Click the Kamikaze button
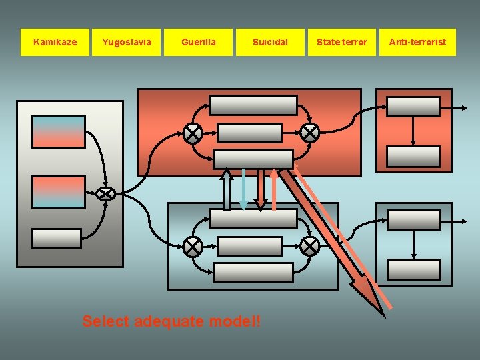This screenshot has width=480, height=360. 55,42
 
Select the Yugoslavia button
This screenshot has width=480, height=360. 127,42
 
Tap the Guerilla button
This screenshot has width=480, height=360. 199,42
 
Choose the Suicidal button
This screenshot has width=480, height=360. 270,42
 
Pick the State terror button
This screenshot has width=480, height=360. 341,42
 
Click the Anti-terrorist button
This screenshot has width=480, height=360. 418,42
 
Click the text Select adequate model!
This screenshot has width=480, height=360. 172,321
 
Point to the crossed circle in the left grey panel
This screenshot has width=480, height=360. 105,193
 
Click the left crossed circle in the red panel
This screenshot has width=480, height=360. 193,133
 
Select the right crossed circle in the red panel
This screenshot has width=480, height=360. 309,133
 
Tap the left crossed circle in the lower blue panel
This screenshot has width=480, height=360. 193,247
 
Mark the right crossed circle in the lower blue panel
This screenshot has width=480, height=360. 309,247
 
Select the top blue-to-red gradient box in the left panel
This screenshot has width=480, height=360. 59,131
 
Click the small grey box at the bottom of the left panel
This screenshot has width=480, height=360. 57,238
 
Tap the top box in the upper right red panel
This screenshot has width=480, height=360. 414,107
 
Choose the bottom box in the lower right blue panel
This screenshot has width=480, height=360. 414,270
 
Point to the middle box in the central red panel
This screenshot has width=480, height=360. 250,133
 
